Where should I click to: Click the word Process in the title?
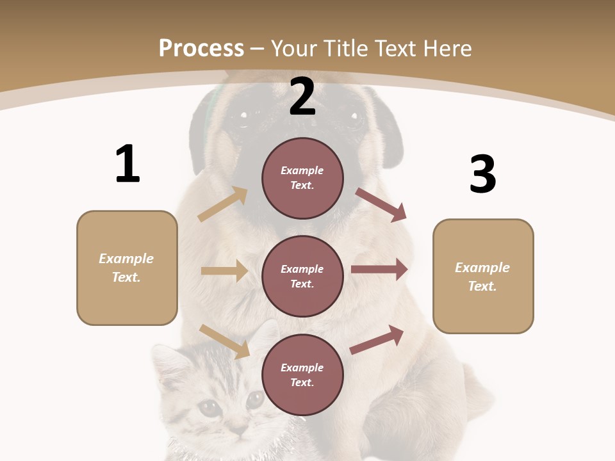click(201, 48)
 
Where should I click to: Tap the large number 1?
click(127, 164)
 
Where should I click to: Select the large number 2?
click(302, 97)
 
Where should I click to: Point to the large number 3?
click(482, 174)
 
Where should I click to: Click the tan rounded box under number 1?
click(127, 268)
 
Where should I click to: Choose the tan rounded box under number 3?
click(483, 276)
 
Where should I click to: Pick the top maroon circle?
click(302, 178)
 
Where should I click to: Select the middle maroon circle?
click(302, 276)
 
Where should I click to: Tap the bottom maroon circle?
click(302, 375)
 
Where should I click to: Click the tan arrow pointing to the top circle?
click(223, 204)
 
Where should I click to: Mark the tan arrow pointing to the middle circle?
click(224, 271)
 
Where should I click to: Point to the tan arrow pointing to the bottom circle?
click(225, 341)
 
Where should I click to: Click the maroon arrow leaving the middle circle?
click(379, 270)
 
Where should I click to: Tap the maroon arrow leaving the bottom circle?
click(377, 340)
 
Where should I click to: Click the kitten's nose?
click(238, 427)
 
